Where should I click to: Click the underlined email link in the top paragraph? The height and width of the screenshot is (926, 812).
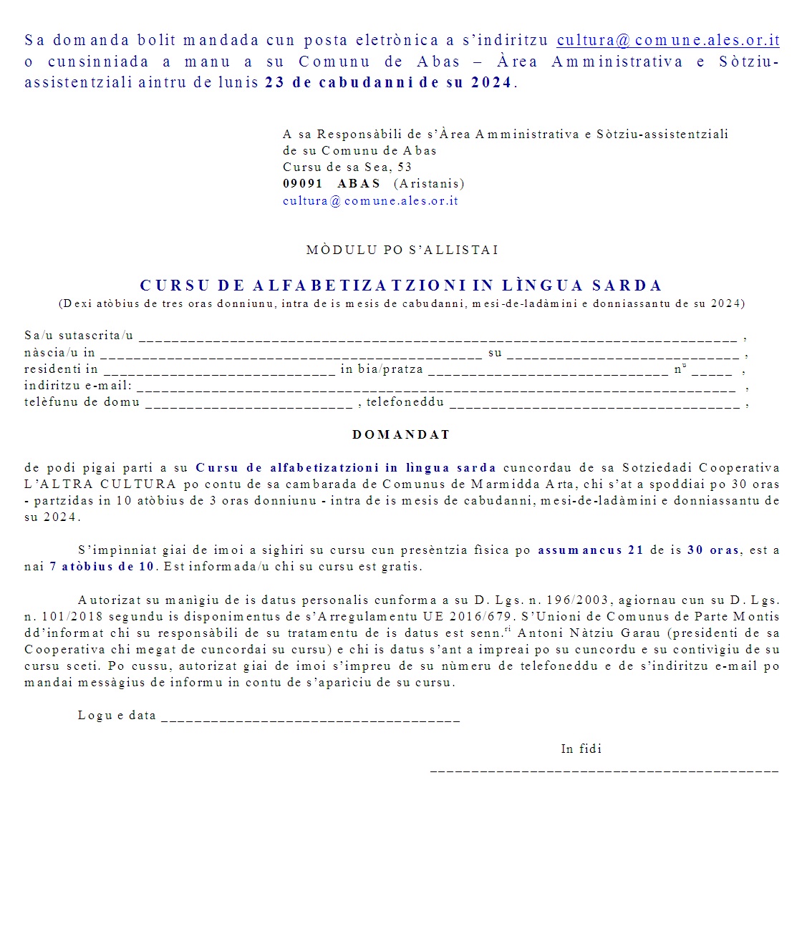pos(667,41)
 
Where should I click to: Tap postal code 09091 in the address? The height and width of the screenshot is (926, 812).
pos(303,184)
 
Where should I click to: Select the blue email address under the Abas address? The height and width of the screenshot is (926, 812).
pos(370,201)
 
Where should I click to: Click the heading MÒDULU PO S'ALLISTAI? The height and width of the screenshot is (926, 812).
pos(402,250)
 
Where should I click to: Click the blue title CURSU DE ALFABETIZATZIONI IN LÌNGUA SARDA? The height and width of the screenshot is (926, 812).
pos(401,286)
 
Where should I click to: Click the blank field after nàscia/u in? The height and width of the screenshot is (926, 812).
pos(291,354)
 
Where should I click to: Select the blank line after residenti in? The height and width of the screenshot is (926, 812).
pos(219,370)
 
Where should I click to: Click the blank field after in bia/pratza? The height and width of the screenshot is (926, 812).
pos(548,370)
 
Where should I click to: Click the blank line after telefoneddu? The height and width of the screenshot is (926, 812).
pos(594,404)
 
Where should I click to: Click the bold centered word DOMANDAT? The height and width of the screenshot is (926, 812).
pos(401,435)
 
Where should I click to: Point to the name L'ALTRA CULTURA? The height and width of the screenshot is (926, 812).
pos(100,484)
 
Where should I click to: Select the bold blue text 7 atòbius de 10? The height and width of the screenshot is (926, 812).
pos(102,567)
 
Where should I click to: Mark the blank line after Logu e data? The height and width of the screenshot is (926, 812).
pos(310,717)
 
